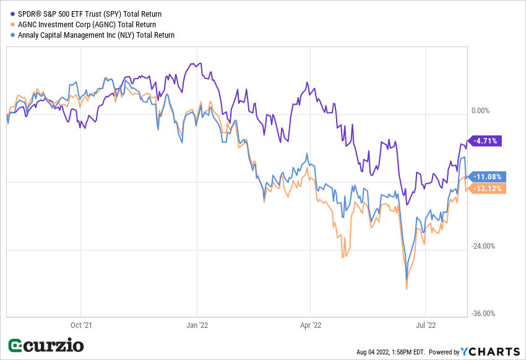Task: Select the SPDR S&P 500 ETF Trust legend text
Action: [x=90, y=14]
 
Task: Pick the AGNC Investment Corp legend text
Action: [x=87, y=24]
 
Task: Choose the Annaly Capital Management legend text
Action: [x=97, y=35]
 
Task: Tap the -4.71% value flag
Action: [x=486, y=140]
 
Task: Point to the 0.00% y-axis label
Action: [x=480, y=111]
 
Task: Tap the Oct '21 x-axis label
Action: [x=81, y=324]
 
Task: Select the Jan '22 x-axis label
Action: [x=197, y=324]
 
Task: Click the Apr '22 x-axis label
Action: [x=310, y=324]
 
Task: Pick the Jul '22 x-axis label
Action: [x=425, y=324]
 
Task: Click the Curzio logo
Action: [x=45, y=345]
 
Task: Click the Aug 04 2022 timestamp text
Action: [x=390, y=352]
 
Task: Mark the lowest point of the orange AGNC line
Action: [x=407, y=289]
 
